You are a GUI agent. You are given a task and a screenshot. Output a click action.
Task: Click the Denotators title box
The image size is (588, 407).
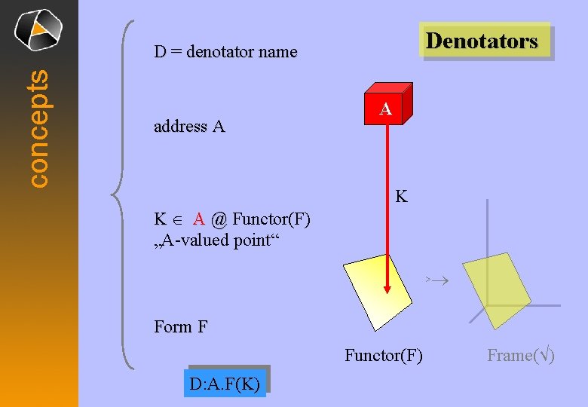[x=482, y=41]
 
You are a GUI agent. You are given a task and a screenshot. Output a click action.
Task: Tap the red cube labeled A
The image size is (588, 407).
[x=386, y=109]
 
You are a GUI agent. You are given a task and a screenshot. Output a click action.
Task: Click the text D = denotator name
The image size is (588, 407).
[x=225, y=52]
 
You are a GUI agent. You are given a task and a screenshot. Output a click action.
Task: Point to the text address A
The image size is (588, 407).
[x=189, y=127]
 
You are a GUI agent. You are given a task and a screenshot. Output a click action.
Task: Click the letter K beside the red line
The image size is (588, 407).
[x=402, y=197]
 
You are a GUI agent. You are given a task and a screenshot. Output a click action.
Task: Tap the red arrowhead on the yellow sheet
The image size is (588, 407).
[x=387, y=287]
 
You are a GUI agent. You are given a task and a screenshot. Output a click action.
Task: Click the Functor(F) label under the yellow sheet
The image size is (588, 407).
[x=384, y=355]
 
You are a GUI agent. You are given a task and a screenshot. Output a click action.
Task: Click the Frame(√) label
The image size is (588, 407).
[x=521, y=355]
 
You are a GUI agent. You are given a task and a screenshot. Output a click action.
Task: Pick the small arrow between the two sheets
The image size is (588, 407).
[x=436, y=280]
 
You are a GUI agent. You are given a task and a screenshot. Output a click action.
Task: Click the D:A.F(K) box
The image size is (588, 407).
[x=225, y=384]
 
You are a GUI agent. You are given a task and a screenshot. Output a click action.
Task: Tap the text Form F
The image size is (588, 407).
[x=180, y=327]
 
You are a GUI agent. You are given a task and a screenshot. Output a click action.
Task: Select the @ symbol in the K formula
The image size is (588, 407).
[x=219, y=219]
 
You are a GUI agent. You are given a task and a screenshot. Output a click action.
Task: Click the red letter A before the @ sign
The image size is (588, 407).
[x=199, y=219]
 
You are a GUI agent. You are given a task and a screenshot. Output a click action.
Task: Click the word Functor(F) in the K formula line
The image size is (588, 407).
[x=271, y=219]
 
